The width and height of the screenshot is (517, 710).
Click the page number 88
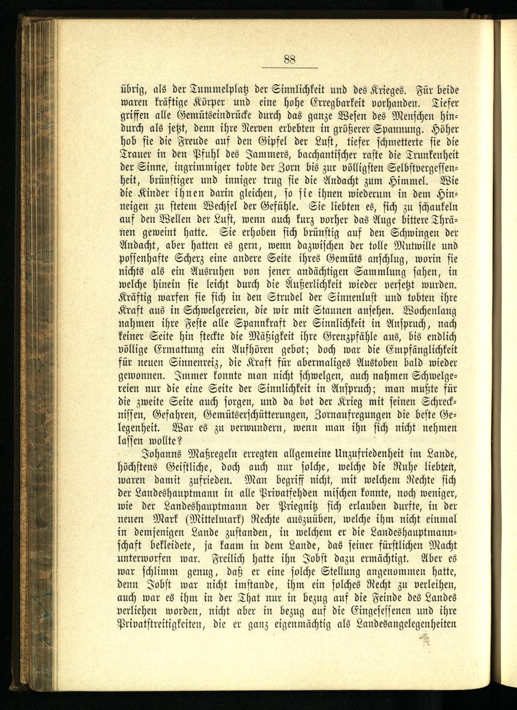tap(289, 59)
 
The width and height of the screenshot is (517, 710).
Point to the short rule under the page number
tap(289, 68)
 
